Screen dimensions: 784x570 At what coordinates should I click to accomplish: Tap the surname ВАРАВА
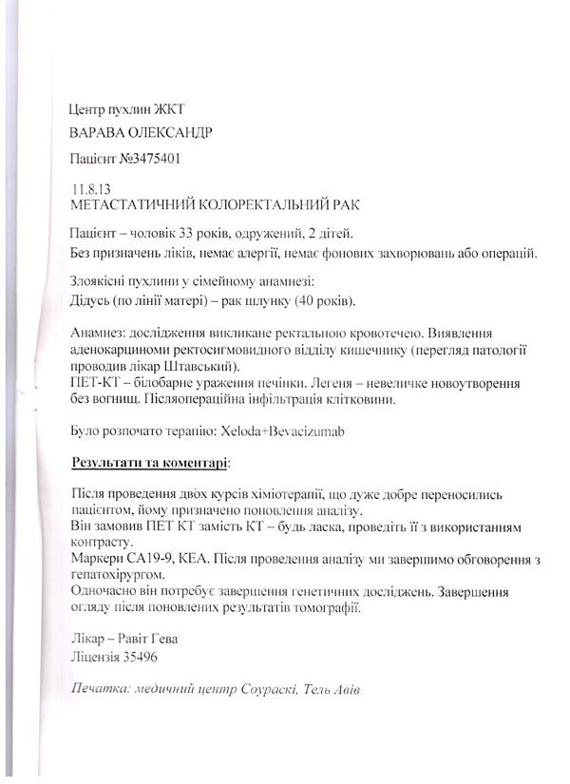tap(99, 132)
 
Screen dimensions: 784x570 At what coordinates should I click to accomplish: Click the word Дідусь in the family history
tap(92, 302)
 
